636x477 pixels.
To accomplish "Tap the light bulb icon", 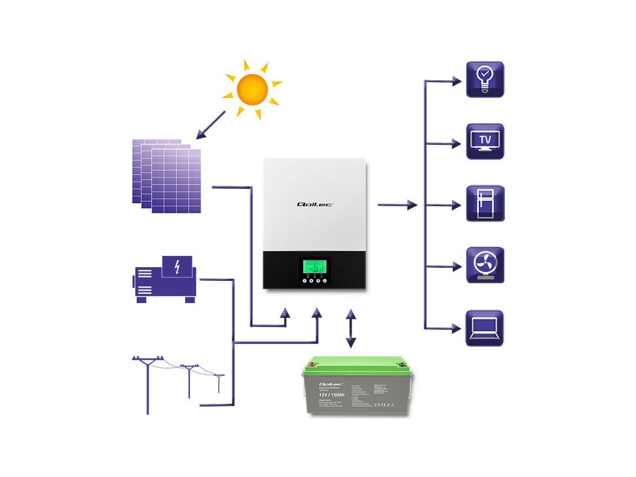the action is point(485,79).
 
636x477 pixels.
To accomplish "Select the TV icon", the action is point(485,141).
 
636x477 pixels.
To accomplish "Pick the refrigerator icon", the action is point(485,203).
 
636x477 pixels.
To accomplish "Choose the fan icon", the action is point(485,265).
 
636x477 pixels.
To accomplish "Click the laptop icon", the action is point(485,328).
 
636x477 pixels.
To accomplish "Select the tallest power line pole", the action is point(148,385).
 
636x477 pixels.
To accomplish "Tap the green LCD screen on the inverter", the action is point(314,266).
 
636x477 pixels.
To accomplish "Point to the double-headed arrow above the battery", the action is point(351,327).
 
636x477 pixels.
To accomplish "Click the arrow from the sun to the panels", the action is point(210,124).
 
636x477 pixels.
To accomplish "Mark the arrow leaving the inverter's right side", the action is point(397,204).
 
